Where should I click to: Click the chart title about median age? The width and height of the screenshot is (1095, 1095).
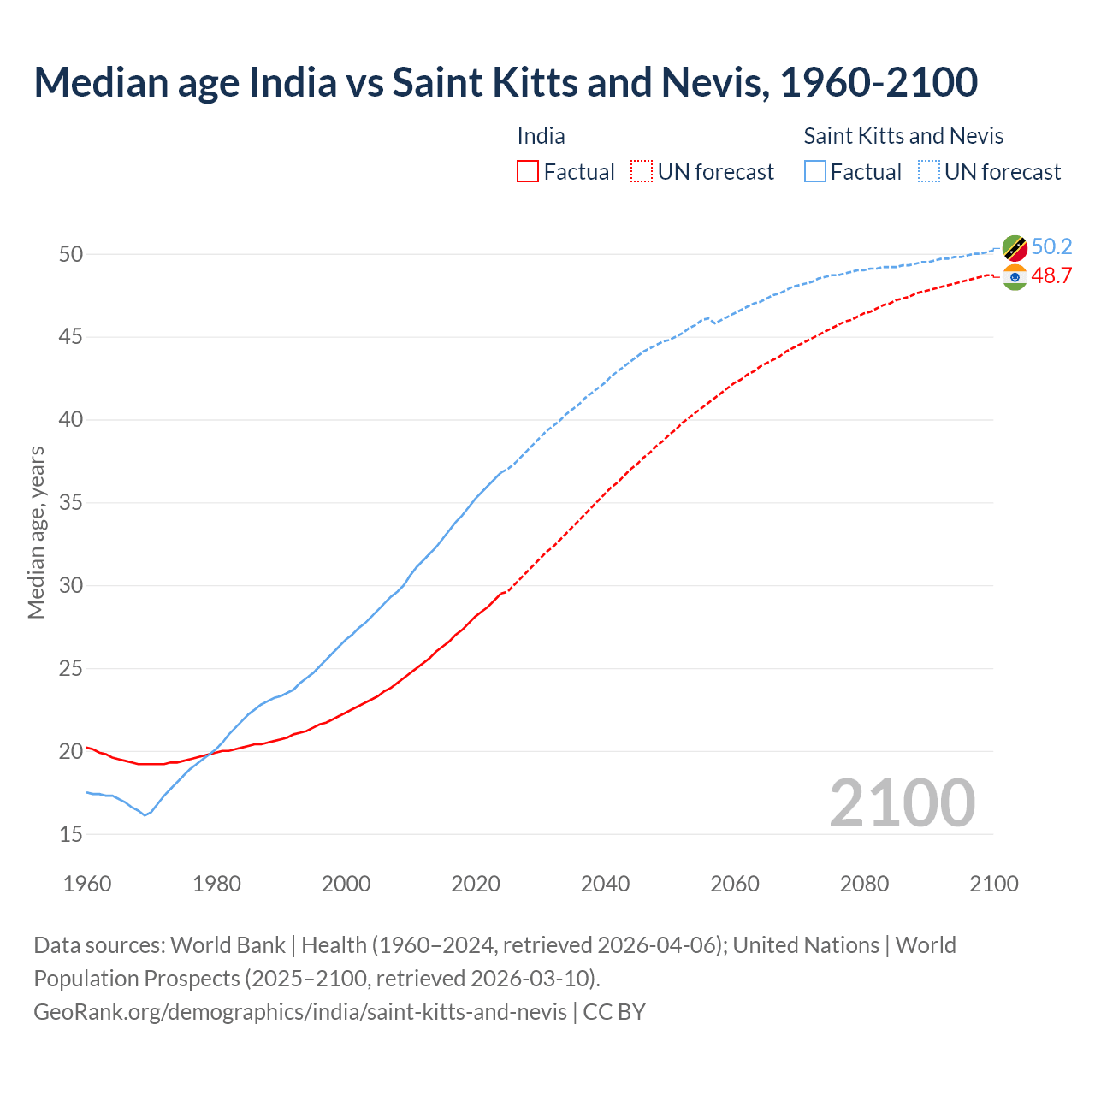pyautogui.click(x=506, y=82)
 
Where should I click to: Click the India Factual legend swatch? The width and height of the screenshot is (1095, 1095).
pyautogui.click(x=528, y=171)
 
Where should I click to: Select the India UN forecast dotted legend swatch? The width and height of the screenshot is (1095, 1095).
pyautogui.click(x=642, y=171)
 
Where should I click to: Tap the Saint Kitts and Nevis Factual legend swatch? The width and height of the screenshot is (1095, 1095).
pyautogui.click(x=815, y=171)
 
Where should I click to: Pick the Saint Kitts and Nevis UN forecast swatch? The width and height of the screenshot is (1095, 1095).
pyautogui.click(x=929, y=171)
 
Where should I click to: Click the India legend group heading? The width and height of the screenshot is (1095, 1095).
pyautogui.click(x=541, y=136)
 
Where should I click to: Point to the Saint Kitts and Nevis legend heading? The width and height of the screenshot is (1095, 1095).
pyautogui.click(x=903, y=136)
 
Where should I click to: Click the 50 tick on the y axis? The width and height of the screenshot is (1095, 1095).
pyautogui.click(x=71, y=254)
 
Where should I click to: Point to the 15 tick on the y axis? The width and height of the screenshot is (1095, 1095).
pyautogui.click(x=71, y=834)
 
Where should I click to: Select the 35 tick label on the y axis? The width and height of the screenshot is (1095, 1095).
pyautogui.click(x=71, y=503)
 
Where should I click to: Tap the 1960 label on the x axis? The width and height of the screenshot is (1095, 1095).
pyautogui.click(x=87, y=884)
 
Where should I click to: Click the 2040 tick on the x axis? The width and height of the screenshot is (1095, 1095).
pyautogui.click(x=605, y=884)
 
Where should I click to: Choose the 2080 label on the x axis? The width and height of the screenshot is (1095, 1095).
pyautogui.click(x=864, y=884)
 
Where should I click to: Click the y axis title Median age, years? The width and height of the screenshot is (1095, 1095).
pyautogui.click(x=36, y=532)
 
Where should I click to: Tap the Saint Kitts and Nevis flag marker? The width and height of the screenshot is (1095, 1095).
pyautogui.click(x=1015, y=247)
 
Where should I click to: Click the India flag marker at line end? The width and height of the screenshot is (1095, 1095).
pyautogui.click(x=1015, y=277)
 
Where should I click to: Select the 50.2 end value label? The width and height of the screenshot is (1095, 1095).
pyautogui.click(x=1051, y=247)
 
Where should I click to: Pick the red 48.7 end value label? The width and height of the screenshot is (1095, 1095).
pyautogui.click(x=1051, y=276)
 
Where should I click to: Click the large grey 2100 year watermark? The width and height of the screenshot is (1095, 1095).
pyautogui.click(x=902, y=802)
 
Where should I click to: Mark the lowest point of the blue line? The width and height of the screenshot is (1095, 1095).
pyautogui.click(x=145, y=815)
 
